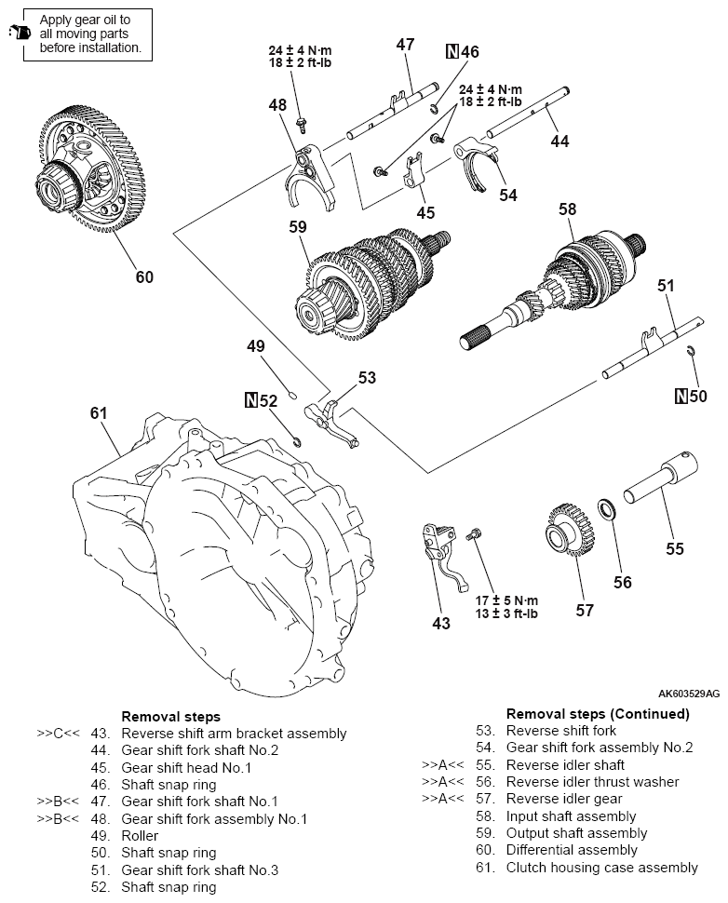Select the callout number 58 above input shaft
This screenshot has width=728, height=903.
click(567, 210)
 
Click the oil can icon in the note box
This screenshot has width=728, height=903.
click(18, 33)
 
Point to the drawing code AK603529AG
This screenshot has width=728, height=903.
click(688, 694)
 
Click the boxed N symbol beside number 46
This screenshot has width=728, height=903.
click(452, 51)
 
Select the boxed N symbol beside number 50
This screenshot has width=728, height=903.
click(682, 396)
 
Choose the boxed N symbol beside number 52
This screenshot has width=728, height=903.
click(250, 401)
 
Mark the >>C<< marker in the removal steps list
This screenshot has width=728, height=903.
click(57, 734)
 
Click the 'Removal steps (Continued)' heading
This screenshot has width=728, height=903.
click(598, 714)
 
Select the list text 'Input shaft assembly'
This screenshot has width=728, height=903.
click(567, 816)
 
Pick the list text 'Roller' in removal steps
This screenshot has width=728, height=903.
click(140, 836)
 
